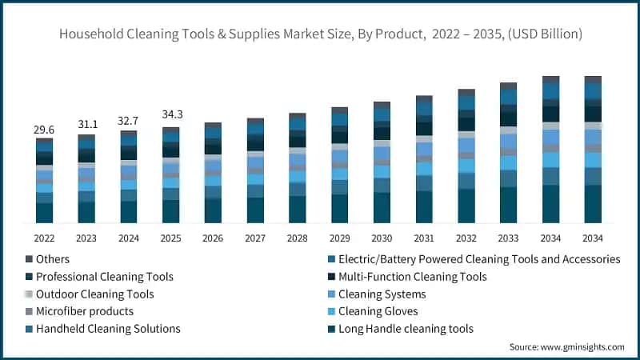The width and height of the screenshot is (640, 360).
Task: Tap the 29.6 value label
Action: coord(45,130)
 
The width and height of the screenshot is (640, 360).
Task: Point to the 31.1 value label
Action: coord(86,125)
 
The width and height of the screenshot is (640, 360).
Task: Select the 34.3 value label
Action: coord(171,114)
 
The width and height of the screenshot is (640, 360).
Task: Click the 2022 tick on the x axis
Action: coord(45,238)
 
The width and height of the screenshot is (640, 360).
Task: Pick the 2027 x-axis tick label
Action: coord(255,238)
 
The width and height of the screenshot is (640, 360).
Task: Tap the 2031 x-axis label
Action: coord(424,238)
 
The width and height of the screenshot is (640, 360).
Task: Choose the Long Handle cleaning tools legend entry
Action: coord(406,329)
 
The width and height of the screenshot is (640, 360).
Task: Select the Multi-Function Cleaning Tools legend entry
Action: coord(413,277)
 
